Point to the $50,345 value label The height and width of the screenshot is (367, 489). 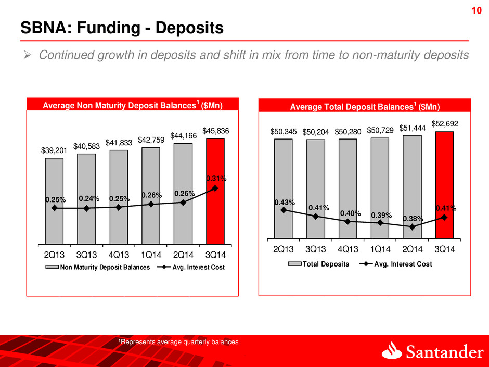coord(284,132)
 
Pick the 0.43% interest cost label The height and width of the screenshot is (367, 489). coord(285,202)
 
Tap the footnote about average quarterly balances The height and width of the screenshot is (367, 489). coord(178,342)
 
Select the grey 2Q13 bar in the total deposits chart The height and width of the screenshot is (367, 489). coord(284,188)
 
